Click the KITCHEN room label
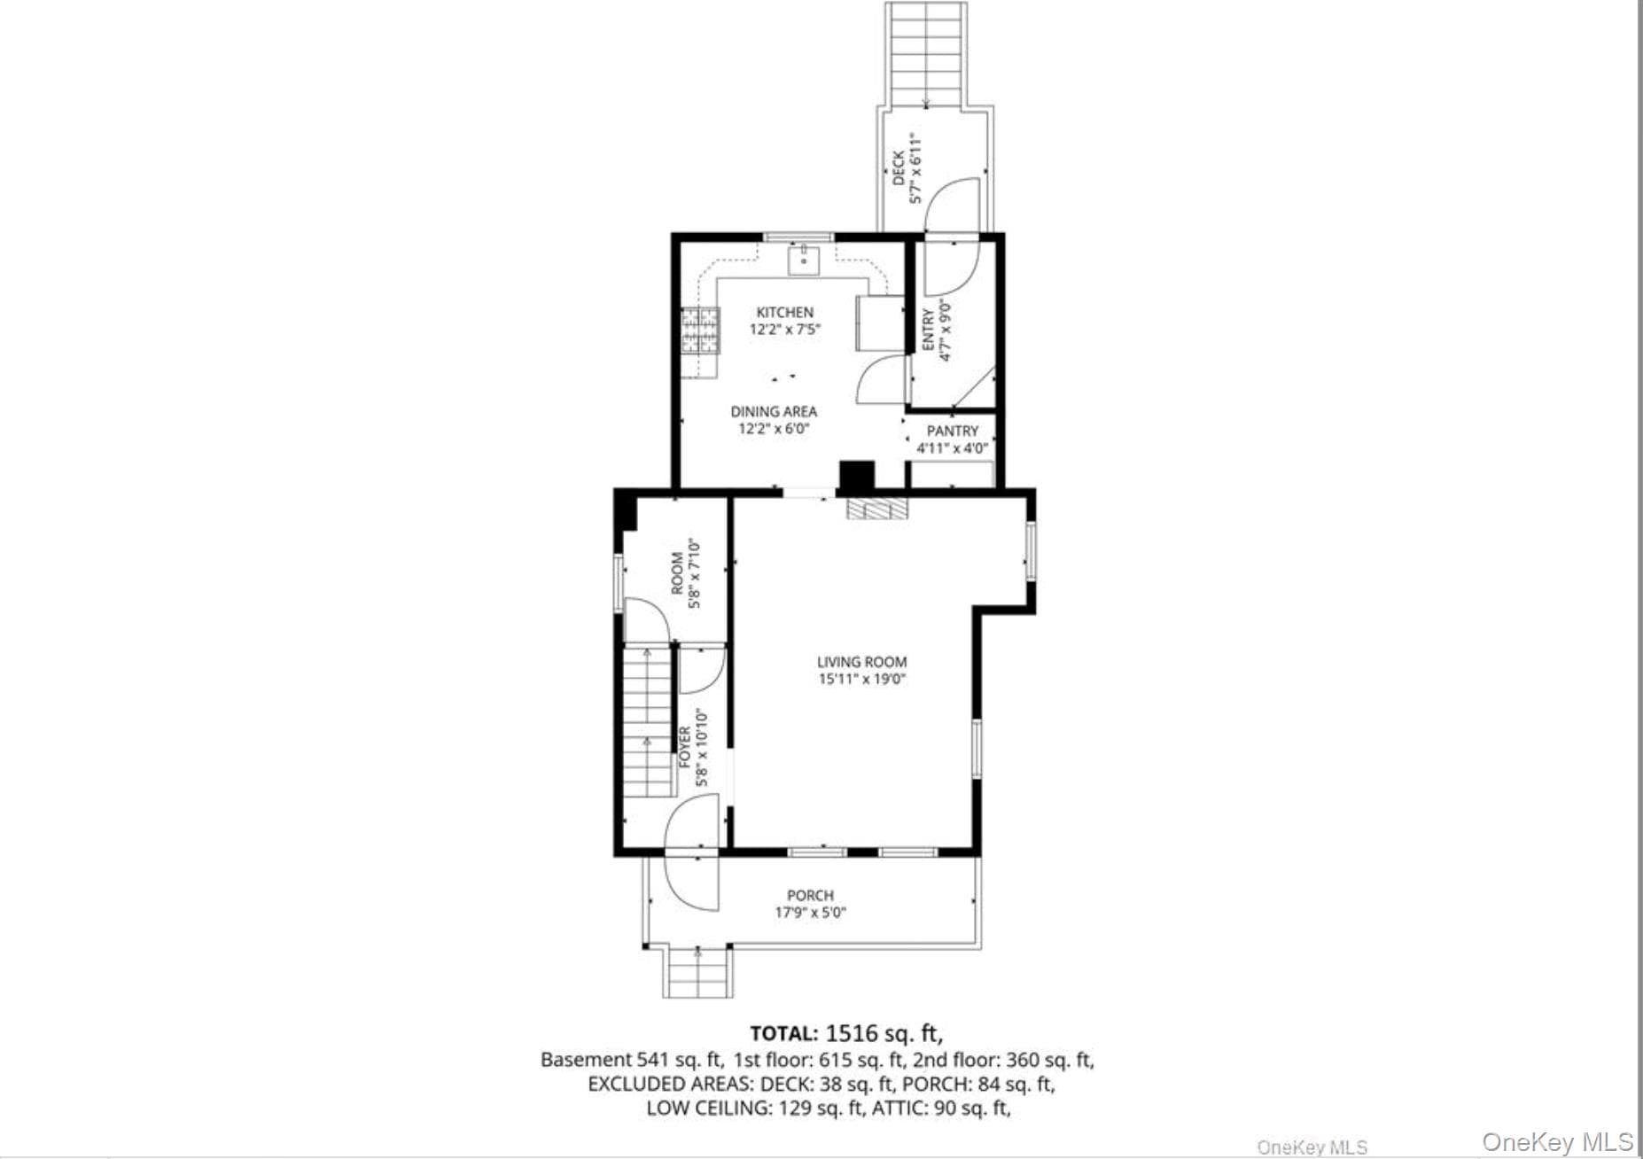coord(784,312)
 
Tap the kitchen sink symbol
coord(804,260)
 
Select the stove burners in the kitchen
coord(699,331)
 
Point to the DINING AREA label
coord(774,411)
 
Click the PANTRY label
coord(953,431)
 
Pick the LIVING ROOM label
coord(861,662)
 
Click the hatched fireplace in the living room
coord(877,508)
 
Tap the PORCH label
coord(810,896)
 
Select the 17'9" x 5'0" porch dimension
coord(810,913)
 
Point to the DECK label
coord(899,168)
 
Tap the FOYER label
coord(685,747)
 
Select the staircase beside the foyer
coord(647,722)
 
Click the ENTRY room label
coord(928,329)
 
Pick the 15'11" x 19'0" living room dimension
coord(861,680)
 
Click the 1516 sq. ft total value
coord(884,1033)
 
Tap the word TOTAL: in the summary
coord(783,1034)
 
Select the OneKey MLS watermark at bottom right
coord(1557,1141)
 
